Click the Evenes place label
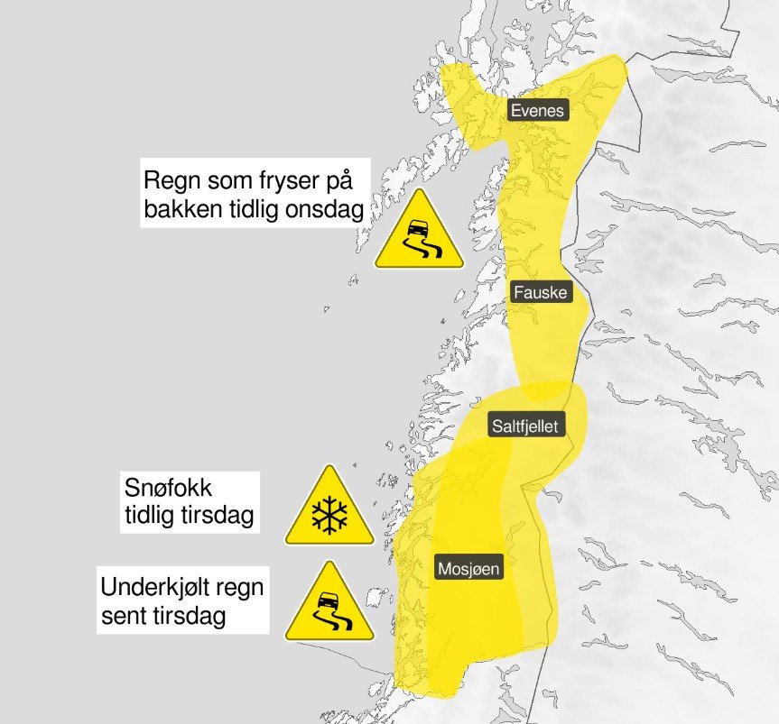(x=537, y=111)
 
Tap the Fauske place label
(x=539, y=292)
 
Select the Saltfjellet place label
(x=525, y=426)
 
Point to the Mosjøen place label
(x=468, y=569)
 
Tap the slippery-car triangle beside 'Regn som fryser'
(x=420, y=234)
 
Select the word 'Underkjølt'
(x=156, y=589)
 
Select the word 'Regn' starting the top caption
(x=169, y=179)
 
